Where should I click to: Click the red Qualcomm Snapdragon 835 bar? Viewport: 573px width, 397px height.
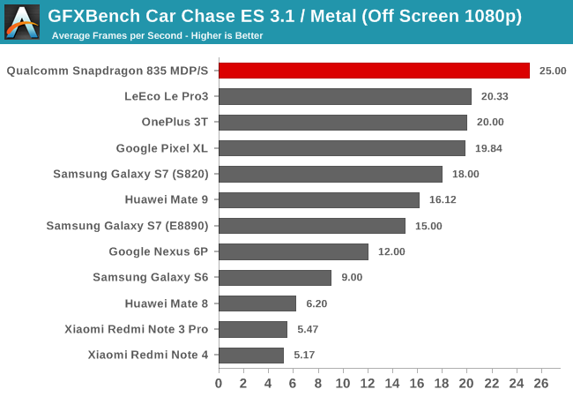[374, 71]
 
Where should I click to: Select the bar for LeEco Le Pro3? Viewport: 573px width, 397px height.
[345, 97]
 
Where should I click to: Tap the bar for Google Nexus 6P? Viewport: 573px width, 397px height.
[293, 251]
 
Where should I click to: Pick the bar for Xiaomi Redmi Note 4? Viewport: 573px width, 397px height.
[250, 356]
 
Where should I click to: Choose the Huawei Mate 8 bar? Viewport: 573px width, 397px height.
[257, 303]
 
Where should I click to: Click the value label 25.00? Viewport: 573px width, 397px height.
[553, 71]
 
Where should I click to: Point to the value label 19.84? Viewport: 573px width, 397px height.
[489, 148]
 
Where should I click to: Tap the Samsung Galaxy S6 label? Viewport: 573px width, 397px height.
[150, 278]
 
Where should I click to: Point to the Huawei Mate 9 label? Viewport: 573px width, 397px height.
[167, 200]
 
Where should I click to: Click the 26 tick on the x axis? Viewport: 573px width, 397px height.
[541, 384]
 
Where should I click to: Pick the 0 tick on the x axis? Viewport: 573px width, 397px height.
[219, 384]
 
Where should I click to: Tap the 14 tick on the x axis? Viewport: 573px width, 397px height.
[392, 384]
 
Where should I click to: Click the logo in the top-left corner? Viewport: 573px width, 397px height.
[21, 21]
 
